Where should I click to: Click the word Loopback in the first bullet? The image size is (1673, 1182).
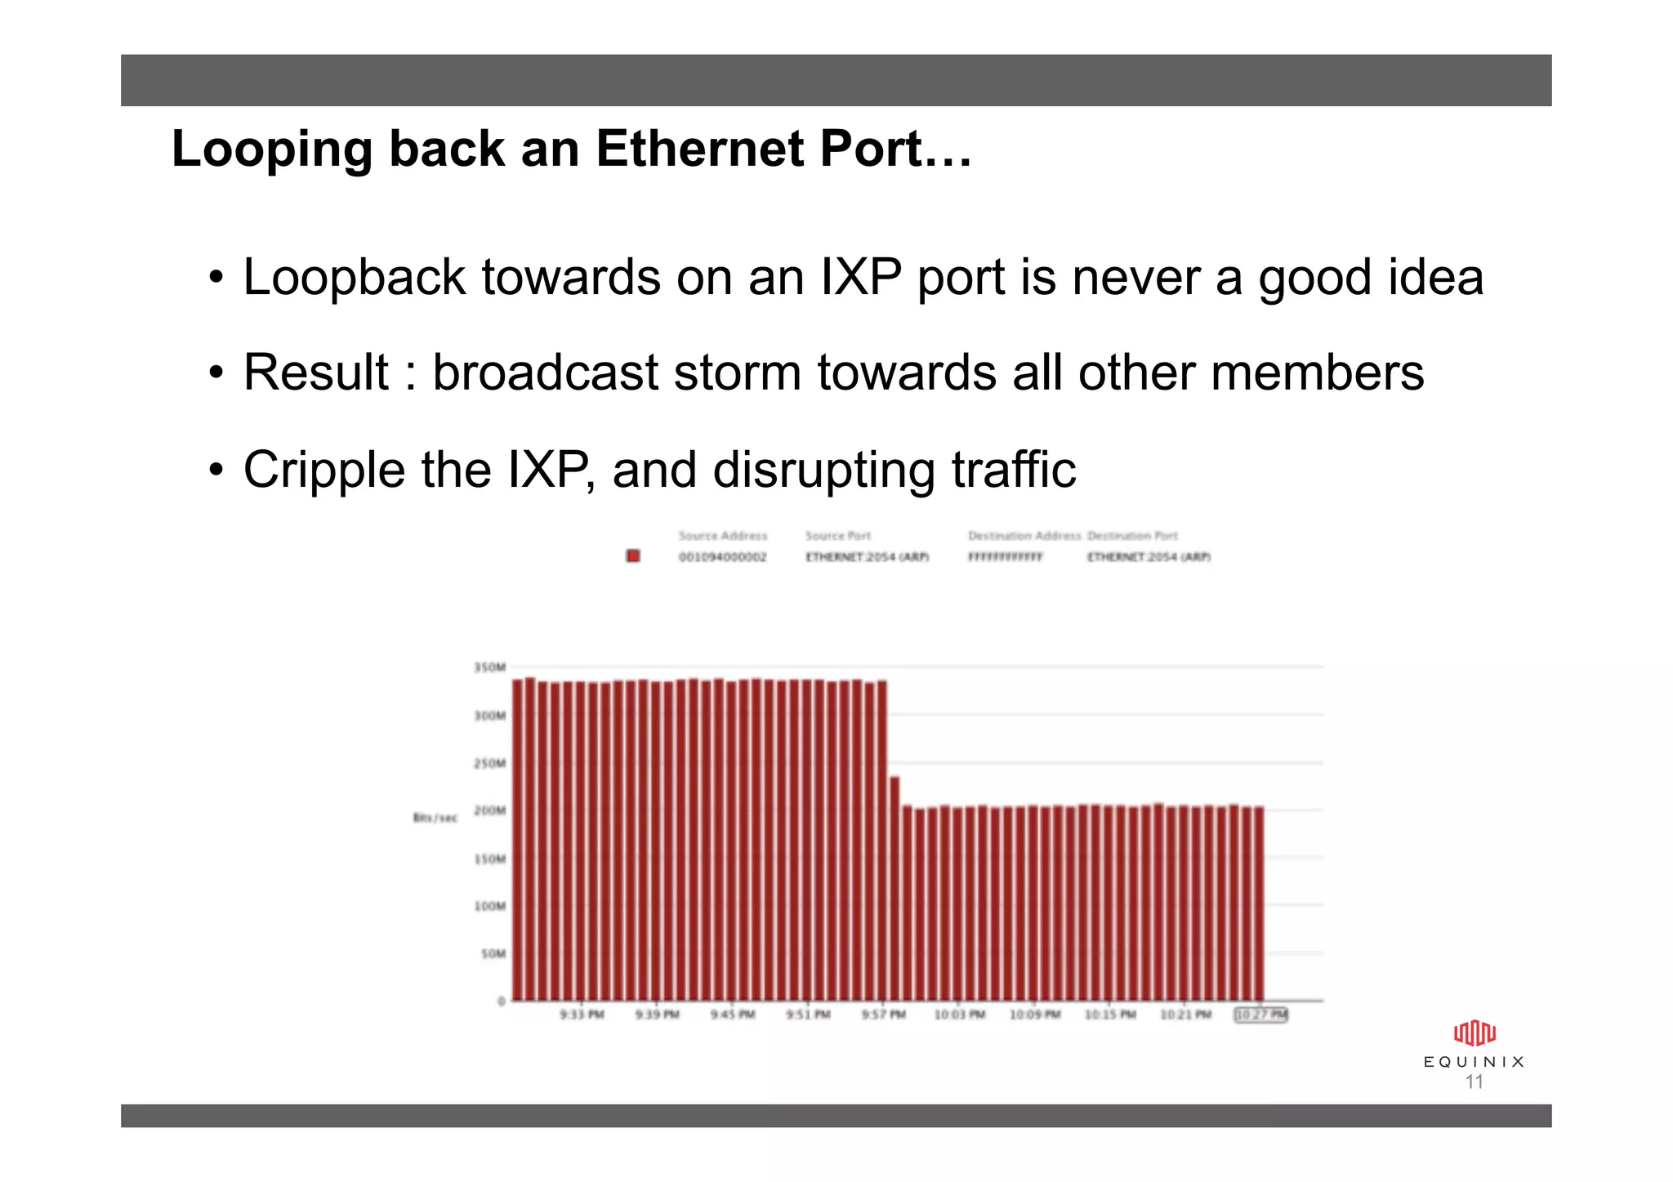(x=354, y=278)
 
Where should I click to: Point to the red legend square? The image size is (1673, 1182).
(x=632, y=556)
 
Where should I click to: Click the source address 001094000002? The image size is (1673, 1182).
(x=722, y=557)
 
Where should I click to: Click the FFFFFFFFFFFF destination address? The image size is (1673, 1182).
(x=1005, y=557)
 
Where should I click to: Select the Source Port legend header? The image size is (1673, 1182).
(x=837, y=536)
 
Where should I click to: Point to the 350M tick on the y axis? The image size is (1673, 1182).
(x=489, y=667)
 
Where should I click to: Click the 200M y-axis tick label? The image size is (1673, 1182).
(x=489, y=810)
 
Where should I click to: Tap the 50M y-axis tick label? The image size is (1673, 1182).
(x=493, y=953)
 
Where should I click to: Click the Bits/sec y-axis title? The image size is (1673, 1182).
(x=435, y=818)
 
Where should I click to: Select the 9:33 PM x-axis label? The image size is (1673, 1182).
(x=582, y=1015)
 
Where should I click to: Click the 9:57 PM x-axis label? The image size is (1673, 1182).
(x=883, y=1015)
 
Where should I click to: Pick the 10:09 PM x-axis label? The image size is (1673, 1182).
(x=1034, y=1015)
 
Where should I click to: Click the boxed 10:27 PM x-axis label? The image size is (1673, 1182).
(x=1260, y=1015)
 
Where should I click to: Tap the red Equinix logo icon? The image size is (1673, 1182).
(x=1474, y=1033)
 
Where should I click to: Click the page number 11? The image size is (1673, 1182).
(x=1474, y=1082)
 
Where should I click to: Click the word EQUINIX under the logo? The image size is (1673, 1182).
(x=1474, y=1062)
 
